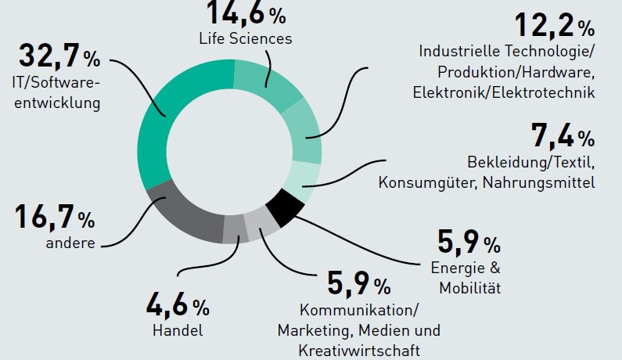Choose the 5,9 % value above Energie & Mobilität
468,243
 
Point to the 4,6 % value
178,304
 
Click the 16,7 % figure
54,217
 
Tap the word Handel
178,330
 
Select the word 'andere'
70,243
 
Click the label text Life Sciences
245,38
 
